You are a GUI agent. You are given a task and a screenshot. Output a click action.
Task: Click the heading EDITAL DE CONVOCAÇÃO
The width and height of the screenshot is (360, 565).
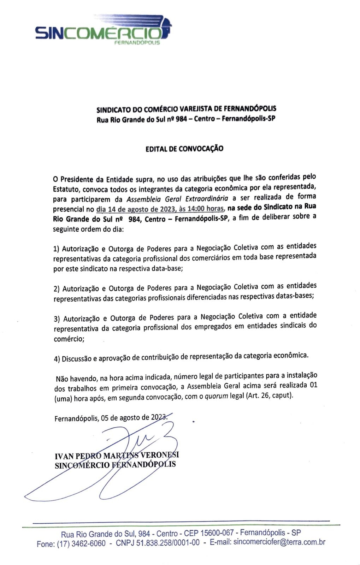point(184,149)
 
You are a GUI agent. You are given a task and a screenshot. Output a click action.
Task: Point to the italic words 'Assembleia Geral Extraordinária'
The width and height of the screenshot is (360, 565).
point(177,198)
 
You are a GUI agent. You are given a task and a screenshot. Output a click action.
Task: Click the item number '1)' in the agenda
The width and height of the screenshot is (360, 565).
point(57,249)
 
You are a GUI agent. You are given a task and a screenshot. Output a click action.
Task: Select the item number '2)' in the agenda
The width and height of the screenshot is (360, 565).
point(57,289)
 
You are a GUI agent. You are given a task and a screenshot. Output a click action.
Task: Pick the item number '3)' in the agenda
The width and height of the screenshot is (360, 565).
point(57,319)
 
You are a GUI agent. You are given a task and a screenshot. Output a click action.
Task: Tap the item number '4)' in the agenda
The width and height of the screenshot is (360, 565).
point(57,359)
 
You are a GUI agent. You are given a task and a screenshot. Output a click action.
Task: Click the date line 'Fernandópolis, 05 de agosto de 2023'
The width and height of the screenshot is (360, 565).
point(111,418)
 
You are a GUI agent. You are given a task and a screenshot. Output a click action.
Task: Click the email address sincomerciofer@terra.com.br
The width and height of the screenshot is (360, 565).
point(279,542)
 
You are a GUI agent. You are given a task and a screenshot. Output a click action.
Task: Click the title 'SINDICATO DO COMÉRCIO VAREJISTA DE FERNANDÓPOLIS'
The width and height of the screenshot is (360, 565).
point(186,109)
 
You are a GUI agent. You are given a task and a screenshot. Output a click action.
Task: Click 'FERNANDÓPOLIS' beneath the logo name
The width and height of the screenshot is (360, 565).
point(137,43)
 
